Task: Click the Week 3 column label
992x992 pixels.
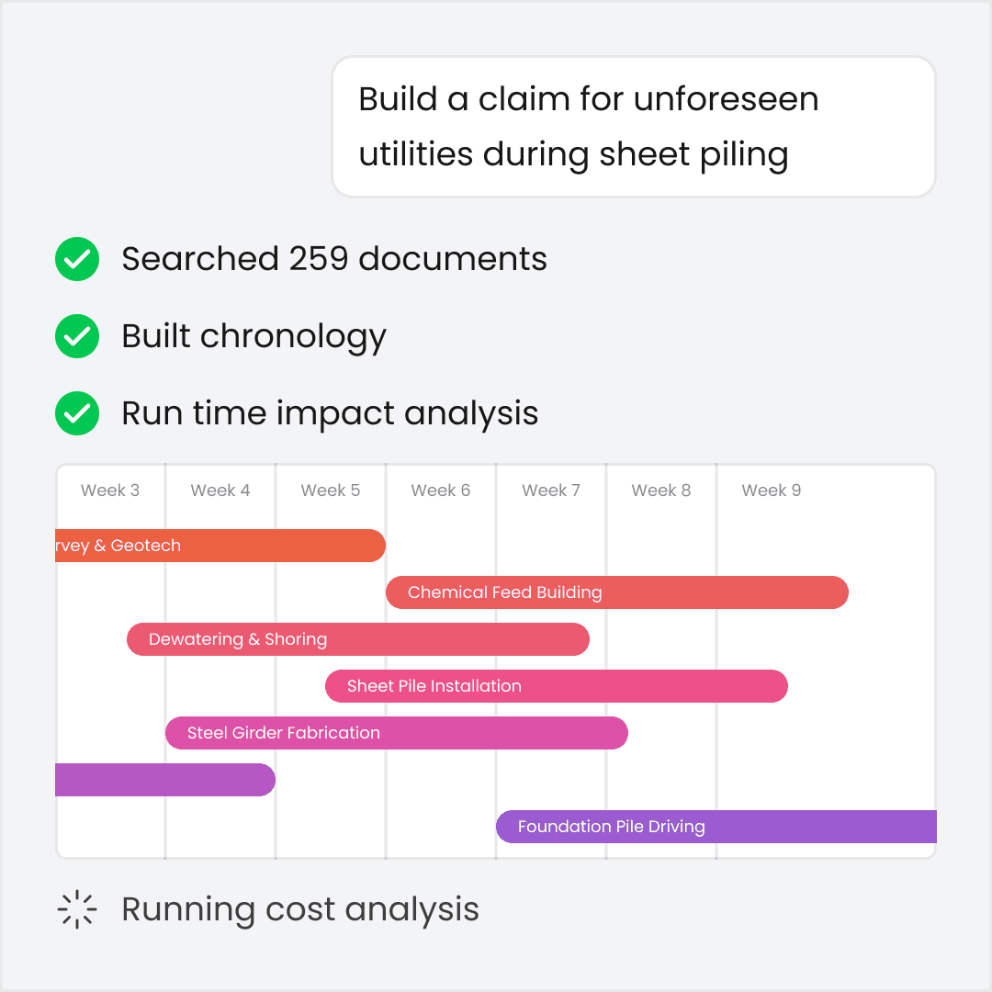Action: pyautogui.click(x=110, y=490)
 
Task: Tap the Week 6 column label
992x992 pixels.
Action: pyautogui.click(x=441, y=490)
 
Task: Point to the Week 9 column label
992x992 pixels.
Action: pyautogui.click(x=772, y=490)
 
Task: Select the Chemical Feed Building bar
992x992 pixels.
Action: pyautogui.click(x=617, y=592)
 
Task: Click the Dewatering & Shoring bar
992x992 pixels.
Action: pyautogui.click(x=358, y=639)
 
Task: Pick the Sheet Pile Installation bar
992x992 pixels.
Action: pyautogui.click(x=557, y=686)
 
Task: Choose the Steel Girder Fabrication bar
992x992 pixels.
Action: pyautogui.click(x=397, y=733)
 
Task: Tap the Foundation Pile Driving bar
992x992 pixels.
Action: pyautogui.click(x=716, y=827)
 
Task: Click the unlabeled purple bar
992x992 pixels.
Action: pyautogui.click(x=165, y=780)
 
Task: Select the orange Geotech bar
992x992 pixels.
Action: pyautogui.click(x=220, y=546)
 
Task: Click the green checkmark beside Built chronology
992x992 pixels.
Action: pyautogui.click(x=77, y=337)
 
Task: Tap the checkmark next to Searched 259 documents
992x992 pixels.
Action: pyautogui.click(x=77, y=260)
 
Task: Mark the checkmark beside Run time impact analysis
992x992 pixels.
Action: pyautogui.click(x=77, y=414)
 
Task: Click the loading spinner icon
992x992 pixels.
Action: pyautogui.click(x=77, y=910)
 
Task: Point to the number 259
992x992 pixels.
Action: pyautogui.click(x=320, y=260)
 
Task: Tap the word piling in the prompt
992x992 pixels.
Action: pyautogui.click(x=742, y=154)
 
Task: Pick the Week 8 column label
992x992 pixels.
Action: pyautogui.click(x=661, y=490)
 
